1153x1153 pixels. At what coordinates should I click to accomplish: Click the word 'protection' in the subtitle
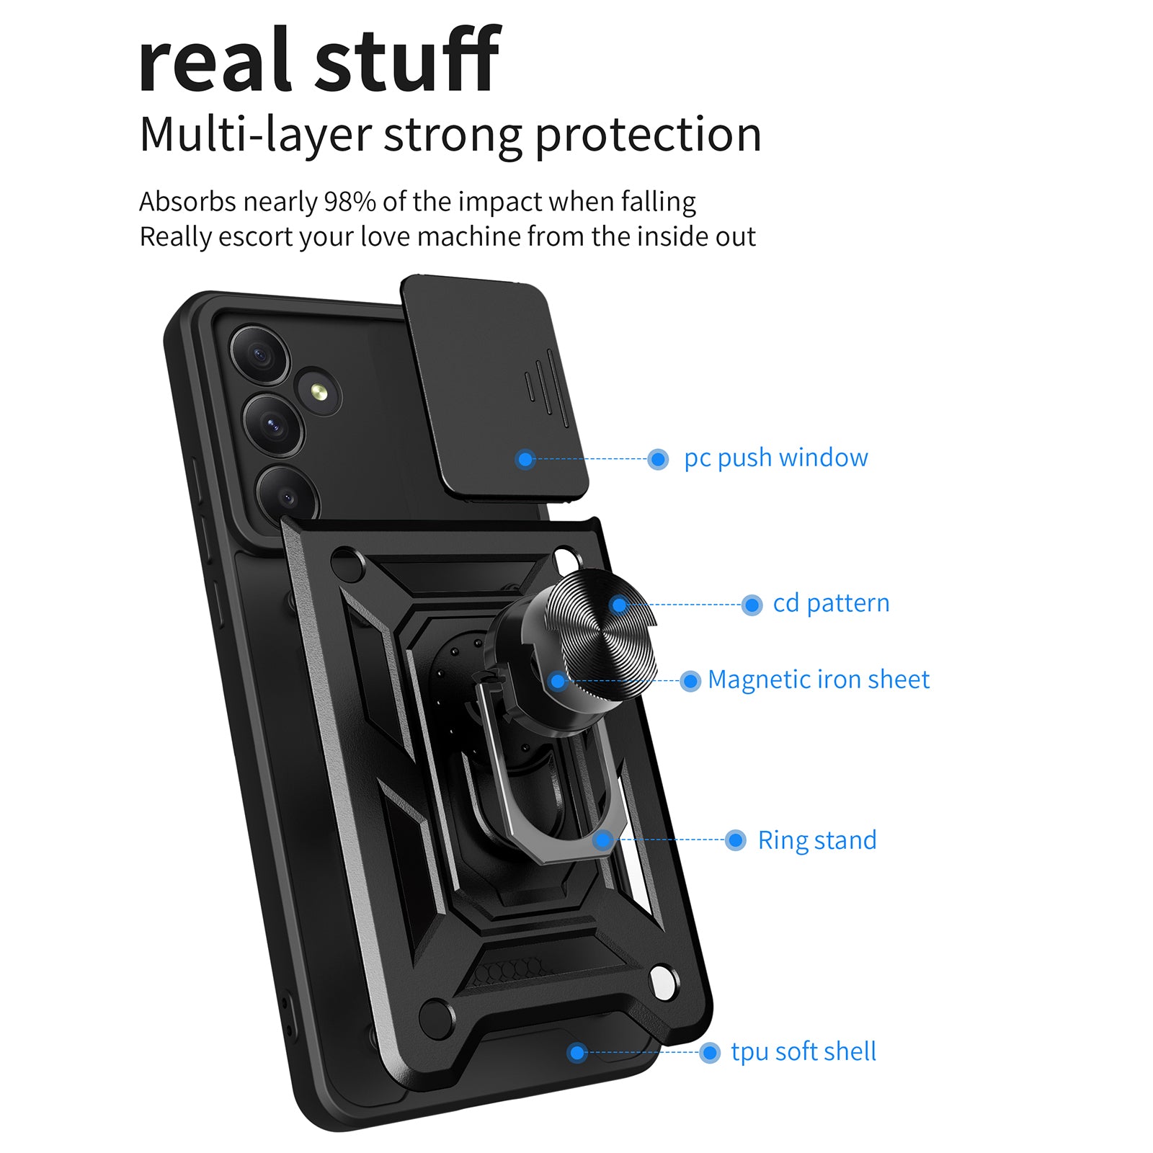(x=648, y=135)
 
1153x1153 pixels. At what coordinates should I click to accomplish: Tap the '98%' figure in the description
(x=350, y=202)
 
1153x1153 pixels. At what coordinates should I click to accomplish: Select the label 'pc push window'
(x=776, y=458)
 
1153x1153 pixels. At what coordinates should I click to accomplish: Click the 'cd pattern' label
(x=831, y=603)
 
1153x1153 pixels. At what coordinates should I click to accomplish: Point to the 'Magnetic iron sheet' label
(x=819, y=680)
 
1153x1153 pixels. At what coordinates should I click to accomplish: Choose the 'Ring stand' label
(x=817, y=840)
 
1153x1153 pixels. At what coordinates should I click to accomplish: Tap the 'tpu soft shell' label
(x=803, y=1051)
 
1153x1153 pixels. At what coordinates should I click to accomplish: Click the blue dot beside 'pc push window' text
(x=658, y=459)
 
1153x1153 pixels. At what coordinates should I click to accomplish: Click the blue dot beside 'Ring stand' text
(x=736, y=840)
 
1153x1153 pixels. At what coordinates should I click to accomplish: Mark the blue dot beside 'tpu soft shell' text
(x=710, y=1053)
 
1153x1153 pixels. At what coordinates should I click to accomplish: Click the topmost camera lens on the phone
(x=259, y=355)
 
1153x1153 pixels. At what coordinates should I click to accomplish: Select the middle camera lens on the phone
(x=273, y=424)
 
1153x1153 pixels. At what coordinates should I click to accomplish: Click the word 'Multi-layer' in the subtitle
(x=256, y=135)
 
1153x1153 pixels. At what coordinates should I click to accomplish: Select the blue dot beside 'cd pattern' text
(x=752, y=605)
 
